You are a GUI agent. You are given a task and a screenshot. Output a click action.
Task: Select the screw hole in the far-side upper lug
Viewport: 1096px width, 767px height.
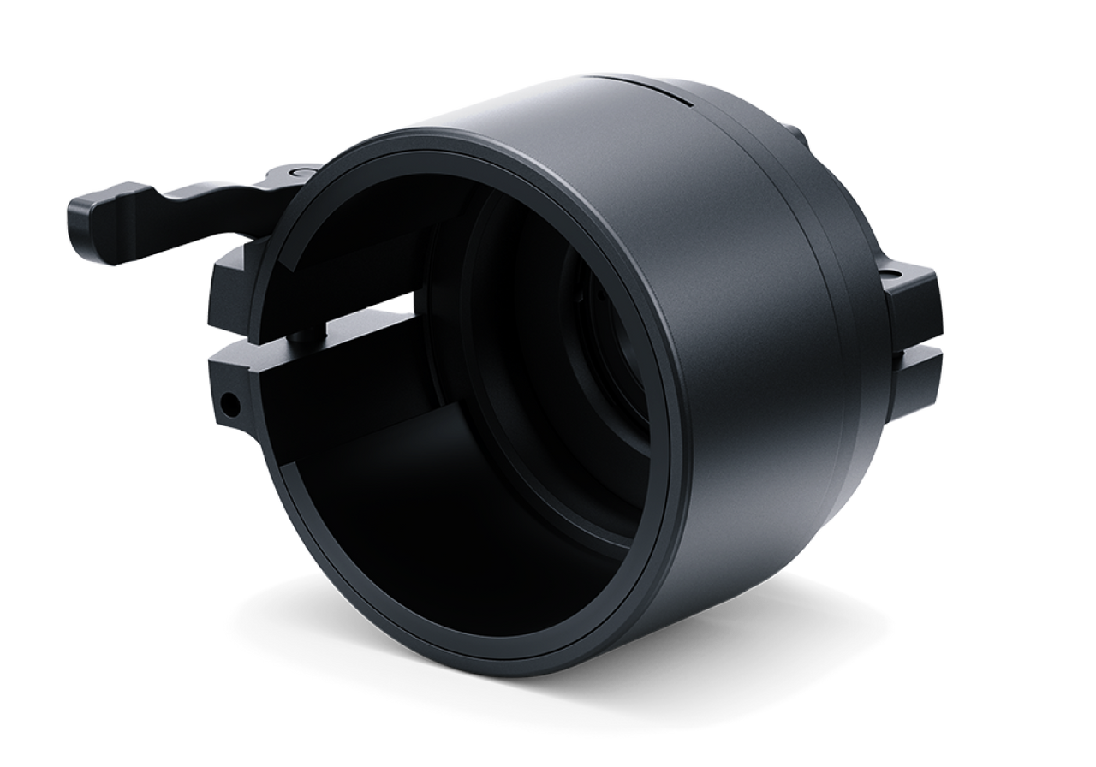click(893, 275)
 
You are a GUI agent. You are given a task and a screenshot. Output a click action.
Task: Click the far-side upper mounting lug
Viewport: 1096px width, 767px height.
click(912, 295)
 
